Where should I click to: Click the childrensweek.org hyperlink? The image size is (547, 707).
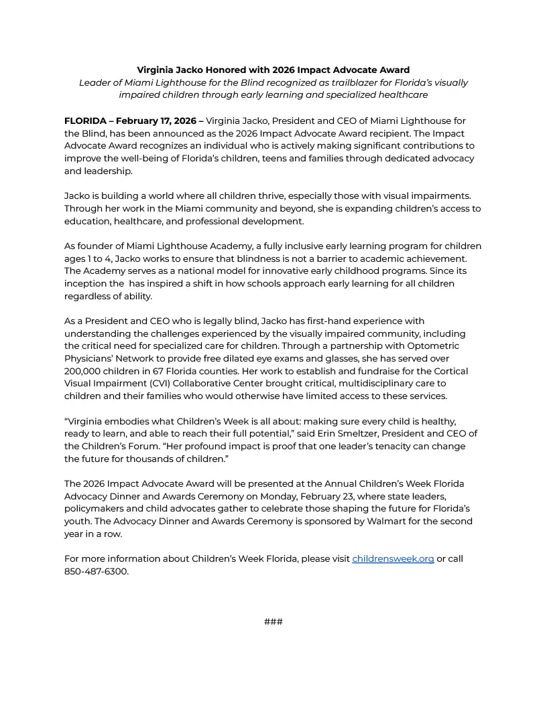(393, 558)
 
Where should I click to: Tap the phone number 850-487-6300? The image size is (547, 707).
(96, 571)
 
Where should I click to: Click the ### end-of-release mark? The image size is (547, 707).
(273, 622)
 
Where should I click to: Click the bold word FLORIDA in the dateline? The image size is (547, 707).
(85, 121)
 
